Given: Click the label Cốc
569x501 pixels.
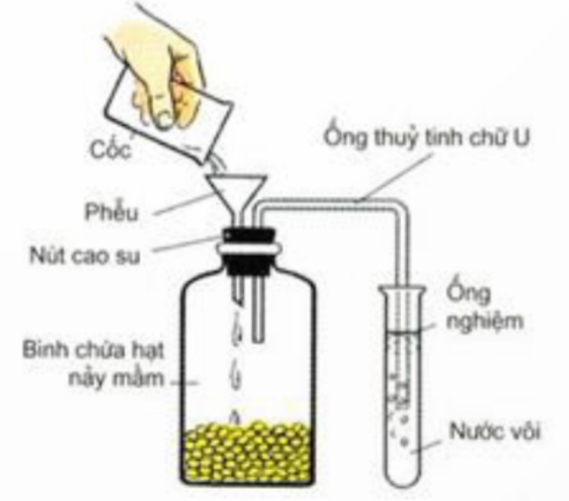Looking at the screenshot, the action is point(111,148).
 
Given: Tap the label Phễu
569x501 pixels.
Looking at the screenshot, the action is point(112,211).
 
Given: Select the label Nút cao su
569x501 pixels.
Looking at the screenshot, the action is point(84,256).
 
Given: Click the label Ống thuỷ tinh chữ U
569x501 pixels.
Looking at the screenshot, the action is point(427,137).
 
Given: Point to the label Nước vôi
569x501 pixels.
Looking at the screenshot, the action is point(495,432).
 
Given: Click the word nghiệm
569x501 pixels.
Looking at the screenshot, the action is point(485,321).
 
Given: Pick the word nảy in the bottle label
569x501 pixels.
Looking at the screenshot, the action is point(85,379).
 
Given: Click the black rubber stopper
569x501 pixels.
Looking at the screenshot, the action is point(248,250).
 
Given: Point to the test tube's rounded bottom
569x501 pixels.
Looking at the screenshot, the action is point(403,476).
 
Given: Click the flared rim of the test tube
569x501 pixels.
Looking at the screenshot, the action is point(402,290).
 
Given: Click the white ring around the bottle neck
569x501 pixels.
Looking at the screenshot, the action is point(248,248).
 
